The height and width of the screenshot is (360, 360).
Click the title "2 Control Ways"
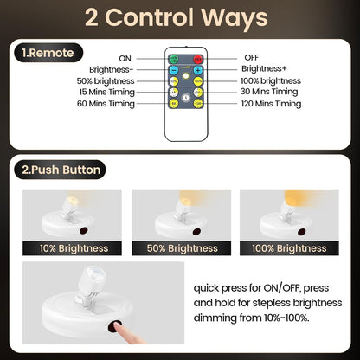(x=180, y=19)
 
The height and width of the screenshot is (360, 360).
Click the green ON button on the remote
(x=173, y=58)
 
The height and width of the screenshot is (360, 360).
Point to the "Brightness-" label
(x=112, y=67)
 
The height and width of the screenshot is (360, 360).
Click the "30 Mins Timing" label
(x=270, y=92)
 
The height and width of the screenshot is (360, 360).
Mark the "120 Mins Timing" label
(x=272, y=104)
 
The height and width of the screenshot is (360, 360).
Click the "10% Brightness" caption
(x=74, y=248)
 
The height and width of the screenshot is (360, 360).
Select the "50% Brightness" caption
(x=180, y=248)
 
